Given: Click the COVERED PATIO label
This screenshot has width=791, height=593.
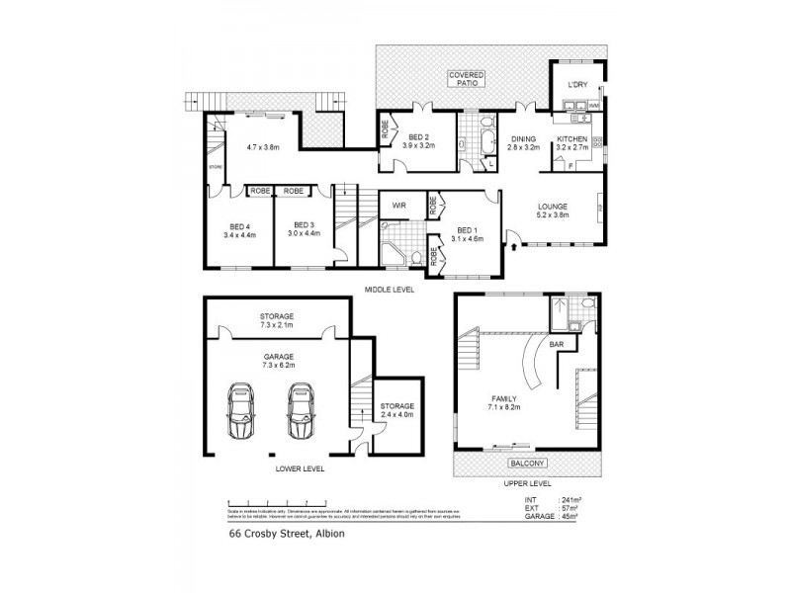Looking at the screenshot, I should pyautogui.click(x=464, y=79).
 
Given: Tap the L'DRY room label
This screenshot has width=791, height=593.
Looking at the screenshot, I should pyautogui.click(x=577, y=85).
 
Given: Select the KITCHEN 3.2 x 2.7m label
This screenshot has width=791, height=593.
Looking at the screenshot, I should pyautogui.click(x=572, y=142).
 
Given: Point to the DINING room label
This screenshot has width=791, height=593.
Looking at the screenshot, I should pyautogui.click(x=523, y=142).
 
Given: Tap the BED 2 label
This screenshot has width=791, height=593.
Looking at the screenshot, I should pyautogui.click(x=419, y=140).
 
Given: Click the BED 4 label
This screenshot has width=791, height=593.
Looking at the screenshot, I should pyautogui.click(x=240, y=230).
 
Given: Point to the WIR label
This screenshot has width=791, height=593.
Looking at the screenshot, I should pyautogui.click(x=399, y=206).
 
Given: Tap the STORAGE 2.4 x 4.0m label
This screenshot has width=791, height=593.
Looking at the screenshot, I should pyautogui.click(x=397, y=410).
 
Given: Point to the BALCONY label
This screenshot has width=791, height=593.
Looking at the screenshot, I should pyautogui.click(x=526, y=462).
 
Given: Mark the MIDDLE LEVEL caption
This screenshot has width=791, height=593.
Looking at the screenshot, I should pyautogui.click(x=389, y=289).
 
